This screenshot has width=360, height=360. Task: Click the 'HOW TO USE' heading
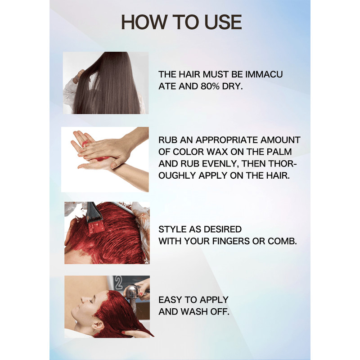(181, 22)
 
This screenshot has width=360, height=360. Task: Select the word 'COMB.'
(283, 241)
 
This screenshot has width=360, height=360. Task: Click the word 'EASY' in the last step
(170, 300)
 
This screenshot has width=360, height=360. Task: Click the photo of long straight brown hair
(106, 83)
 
